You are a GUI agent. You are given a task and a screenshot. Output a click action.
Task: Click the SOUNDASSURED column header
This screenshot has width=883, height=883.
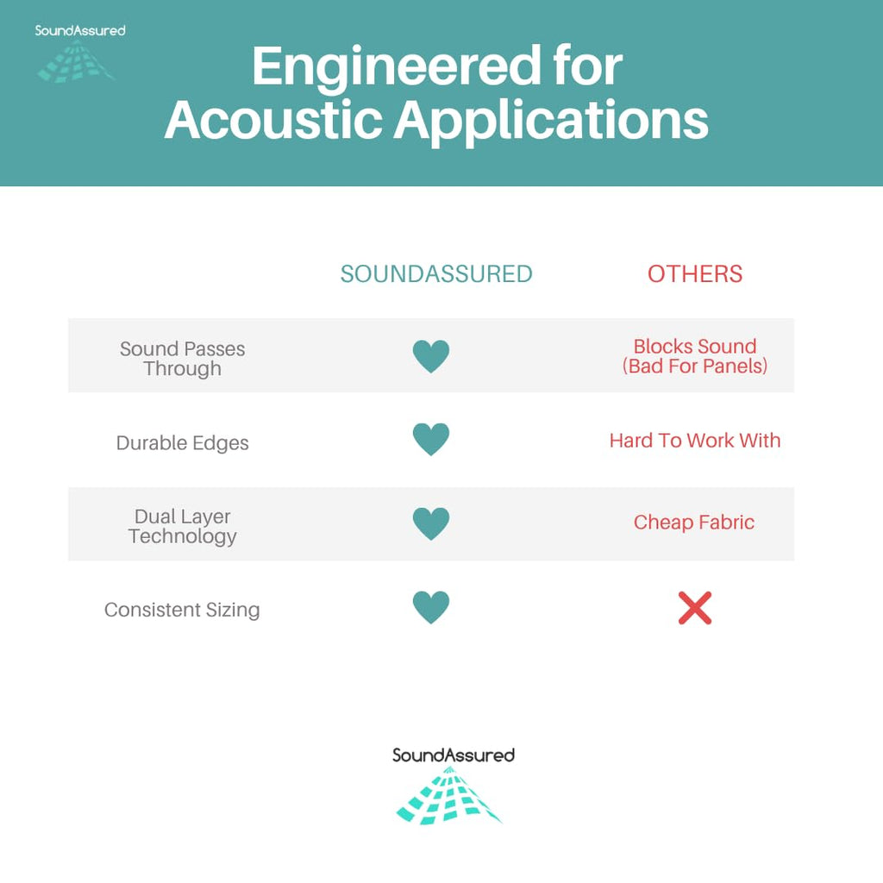pyautogui.click(x=436, y=274)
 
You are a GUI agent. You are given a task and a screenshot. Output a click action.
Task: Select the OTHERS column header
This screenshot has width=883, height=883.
pyautogui.click(x=695, y=274)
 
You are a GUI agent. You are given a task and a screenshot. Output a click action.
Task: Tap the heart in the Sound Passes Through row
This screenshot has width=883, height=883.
pyautogui.click(x=431, y=356)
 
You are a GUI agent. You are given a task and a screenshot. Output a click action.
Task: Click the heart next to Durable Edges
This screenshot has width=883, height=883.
pyautogui.click(x=431, y=439)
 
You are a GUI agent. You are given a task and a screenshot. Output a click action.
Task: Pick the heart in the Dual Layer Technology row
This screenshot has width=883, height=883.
pyautogui.click(x=431, y=523)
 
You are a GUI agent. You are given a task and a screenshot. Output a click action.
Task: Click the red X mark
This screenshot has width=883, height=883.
pyautogui.click(x=695, y=608)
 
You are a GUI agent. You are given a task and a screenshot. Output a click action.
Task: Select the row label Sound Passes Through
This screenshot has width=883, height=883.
pyautogui.click(x=183, y=359)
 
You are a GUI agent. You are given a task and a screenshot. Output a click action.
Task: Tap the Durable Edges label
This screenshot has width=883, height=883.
pyautogui.click(x=183, y=443)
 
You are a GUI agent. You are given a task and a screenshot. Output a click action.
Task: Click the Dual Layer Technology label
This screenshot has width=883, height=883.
pyautogui.click(x=183, y=527)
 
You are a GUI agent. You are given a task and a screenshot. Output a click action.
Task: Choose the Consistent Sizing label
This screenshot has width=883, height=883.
pyautogui.click(x=182, y=610)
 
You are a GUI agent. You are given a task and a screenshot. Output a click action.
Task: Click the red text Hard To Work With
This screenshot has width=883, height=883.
pyautogui.click(x=695, y=441)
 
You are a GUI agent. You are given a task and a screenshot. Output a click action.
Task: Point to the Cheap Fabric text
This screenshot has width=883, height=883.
pyautogui.click(x=694, y=523)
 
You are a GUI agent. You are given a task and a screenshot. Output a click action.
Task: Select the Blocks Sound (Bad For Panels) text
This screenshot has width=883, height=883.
pyautogui.click(x=695, y=356)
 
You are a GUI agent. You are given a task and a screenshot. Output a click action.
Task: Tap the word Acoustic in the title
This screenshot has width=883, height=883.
pyautogui.click(x=272, y=119)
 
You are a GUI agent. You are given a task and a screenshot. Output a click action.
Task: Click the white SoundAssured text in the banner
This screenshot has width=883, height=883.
pyautogui.click(x=80, y=30)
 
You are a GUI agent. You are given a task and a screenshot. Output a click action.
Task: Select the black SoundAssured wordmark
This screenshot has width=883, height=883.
pyautogui.click(x=454, y=755)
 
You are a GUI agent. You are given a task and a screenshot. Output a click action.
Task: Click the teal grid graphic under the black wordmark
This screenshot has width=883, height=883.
pyautogui.click(x=448, y=796)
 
